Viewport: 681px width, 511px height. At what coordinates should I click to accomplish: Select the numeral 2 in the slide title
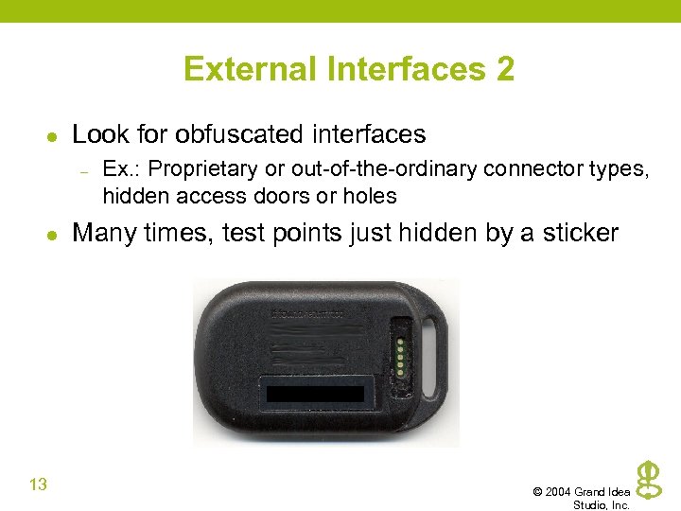pyautogui.click(x=504, y=69)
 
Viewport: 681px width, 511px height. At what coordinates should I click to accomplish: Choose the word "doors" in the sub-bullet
pyautogui.click(x=283, y=196)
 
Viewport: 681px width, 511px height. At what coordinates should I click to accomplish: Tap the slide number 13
pyautogui.click(x=38, y=485)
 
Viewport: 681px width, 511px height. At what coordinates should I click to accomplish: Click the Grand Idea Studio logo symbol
pyautogui.click(x=647, y=480)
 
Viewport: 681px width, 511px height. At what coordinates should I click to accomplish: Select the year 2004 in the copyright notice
pyautogui.click(x=561, y=492)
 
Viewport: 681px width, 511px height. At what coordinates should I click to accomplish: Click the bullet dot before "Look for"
pyautogui.click(x=53, y=135)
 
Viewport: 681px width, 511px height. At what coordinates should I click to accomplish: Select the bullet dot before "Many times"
pyautogui.click(x=53, y=234)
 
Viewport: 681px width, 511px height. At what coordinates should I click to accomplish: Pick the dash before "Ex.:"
pyautogui.click(x=84, y=171)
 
